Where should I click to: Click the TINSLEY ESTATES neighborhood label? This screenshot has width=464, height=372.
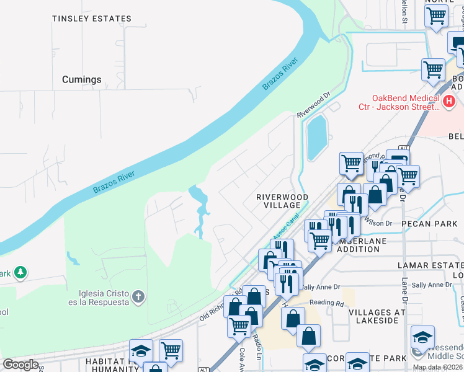(92, 19)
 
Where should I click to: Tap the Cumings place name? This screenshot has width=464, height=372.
(81, 79)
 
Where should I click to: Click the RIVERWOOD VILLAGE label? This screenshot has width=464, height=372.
(282, 201)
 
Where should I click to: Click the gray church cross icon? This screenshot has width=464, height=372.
(139, 297)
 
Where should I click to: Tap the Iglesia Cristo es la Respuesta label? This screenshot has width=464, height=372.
(104, 298)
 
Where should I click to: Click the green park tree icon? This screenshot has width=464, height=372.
(20, 272)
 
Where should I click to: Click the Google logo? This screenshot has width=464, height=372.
(20, 365)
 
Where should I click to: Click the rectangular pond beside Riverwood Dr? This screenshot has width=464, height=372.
(316, 137)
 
